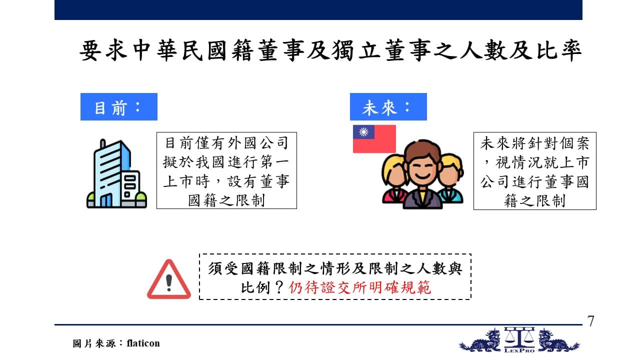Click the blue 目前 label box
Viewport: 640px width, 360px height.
[x=119, y=106]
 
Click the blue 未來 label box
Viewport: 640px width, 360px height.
[x=388, y=106]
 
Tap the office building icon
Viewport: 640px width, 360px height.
[x=116, y=173]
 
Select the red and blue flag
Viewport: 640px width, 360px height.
[x=374, y=139]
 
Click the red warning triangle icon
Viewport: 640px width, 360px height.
[x=169, y=279]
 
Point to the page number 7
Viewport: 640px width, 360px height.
[x=591, y=321]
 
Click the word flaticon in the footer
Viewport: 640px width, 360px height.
[x=143, y=343]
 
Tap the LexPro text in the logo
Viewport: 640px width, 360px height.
[x=519, y=350]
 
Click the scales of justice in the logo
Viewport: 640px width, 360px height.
[x=519, y=336]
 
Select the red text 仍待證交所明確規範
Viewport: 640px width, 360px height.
[x=359, y=287]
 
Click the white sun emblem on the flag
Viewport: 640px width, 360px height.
[x=363, y=132]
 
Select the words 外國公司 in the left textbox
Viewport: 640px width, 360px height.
[x=258, y=143]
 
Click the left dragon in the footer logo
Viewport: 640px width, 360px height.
[x=480, y=340]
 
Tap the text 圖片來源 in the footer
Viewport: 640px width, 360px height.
[x=94, y=343]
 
